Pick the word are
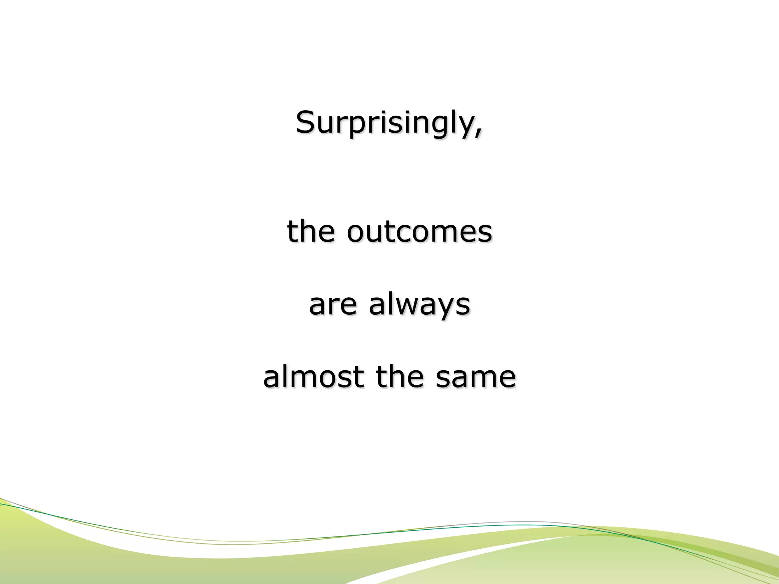[333, 305]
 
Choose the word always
[420, 305]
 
